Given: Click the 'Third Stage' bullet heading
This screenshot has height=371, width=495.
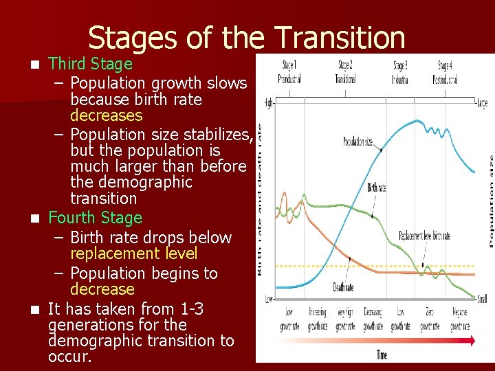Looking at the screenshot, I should (x=90, y=64).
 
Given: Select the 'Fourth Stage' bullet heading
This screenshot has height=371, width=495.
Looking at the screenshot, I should (x=95, y=218).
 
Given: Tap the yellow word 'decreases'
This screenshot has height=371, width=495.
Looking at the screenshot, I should (x=106, y=115).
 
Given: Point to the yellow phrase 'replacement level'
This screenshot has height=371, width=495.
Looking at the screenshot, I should (x=133, y=254).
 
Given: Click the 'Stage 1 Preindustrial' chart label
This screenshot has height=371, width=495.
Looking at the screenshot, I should (x=289, y=72).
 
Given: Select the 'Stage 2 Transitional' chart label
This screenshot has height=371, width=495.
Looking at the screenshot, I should (x=345, y=72).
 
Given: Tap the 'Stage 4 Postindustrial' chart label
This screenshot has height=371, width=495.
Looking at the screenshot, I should (x=445, y=72).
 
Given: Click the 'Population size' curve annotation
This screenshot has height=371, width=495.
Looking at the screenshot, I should (x=358, y=142).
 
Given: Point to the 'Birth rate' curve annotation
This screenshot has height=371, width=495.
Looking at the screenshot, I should (x=377, y=186).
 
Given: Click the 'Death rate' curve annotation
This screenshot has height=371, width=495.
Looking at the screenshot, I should (x=343, y=287).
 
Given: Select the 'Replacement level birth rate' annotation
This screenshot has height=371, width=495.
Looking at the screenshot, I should (x=424, y=236).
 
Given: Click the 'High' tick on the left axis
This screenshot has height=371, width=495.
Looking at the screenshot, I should (x=269, y=103).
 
